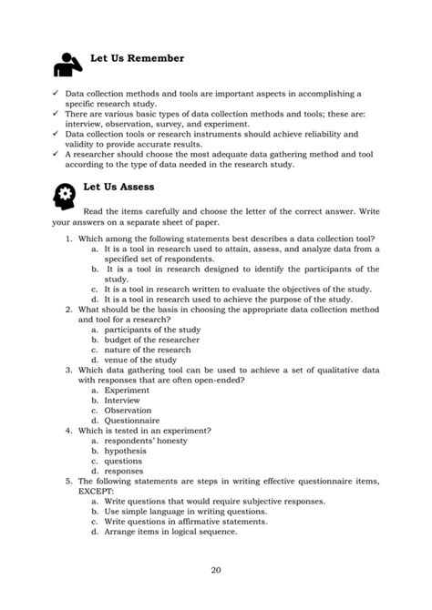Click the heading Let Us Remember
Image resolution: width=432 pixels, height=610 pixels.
tap(136, 59)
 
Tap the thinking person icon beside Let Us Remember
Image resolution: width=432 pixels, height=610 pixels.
tap(67, 65)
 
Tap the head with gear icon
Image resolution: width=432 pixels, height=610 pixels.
tap(66, 196)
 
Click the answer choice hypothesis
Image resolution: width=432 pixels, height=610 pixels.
tap(126, 450)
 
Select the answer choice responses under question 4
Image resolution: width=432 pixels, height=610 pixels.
tap(124, 471)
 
